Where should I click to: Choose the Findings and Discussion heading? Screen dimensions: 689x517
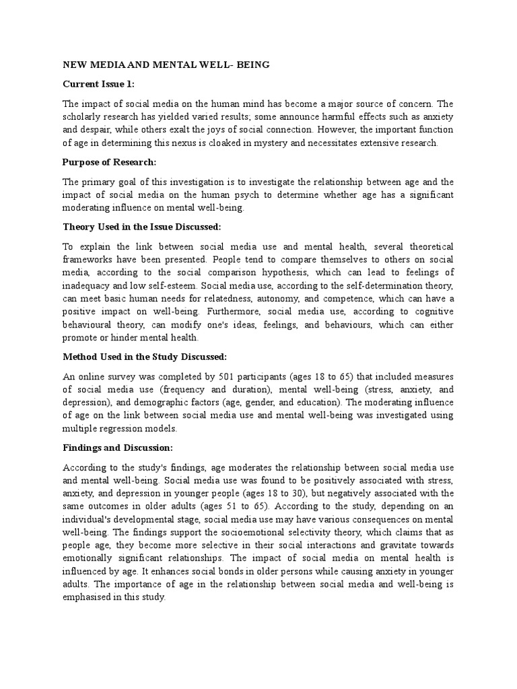coord(118,447)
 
